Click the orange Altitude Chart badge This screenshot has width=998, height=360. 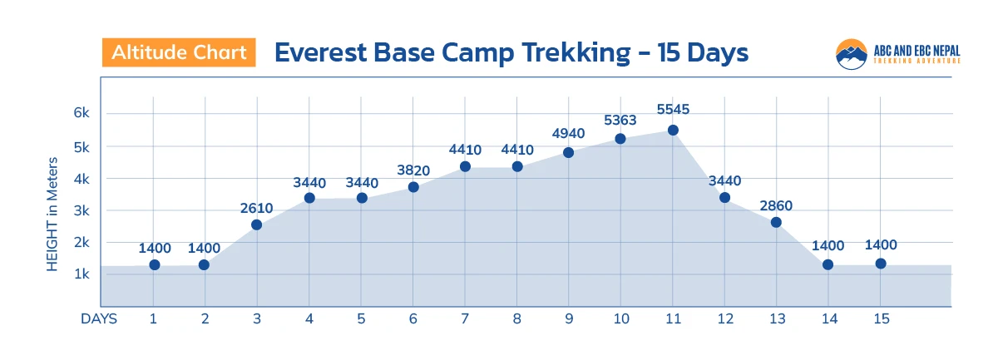pos(179,52)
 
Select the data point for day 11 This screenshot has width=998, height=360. pos(673,130)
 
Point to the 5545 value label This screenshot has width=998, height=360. pos(673,110)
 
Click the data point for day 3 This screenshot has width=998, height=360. pos(256,224)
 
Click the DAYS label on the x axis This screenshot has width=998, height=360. pos(99,318)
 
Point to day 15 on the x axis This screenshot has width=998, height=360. pos(881,318)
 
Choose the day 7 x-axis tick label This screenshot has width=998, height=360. pos(465,318)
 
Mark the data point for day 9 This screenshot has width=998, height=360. pos(569,153)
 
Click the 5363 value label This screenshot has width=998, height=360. pos(620,120)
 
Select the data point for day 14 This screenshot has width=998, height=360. pos(828,264)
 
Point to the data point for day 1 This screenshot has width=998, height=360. pos(154,264)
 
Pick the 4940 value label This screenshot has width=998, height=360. pos(569,134)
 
